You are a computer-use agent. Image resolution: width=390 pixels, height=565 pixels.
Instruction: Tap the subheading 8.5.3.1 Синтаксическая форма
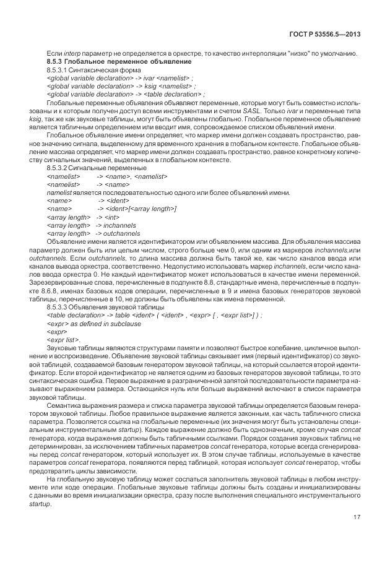[x=90, y=71]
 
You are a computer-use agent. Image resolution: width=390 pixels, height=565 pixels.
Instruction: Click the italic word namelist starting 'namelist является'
[x=59, y=192]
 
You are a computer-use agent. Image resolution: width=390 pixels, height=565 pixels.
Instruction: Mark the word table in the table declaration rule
[x=121, y=314]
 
